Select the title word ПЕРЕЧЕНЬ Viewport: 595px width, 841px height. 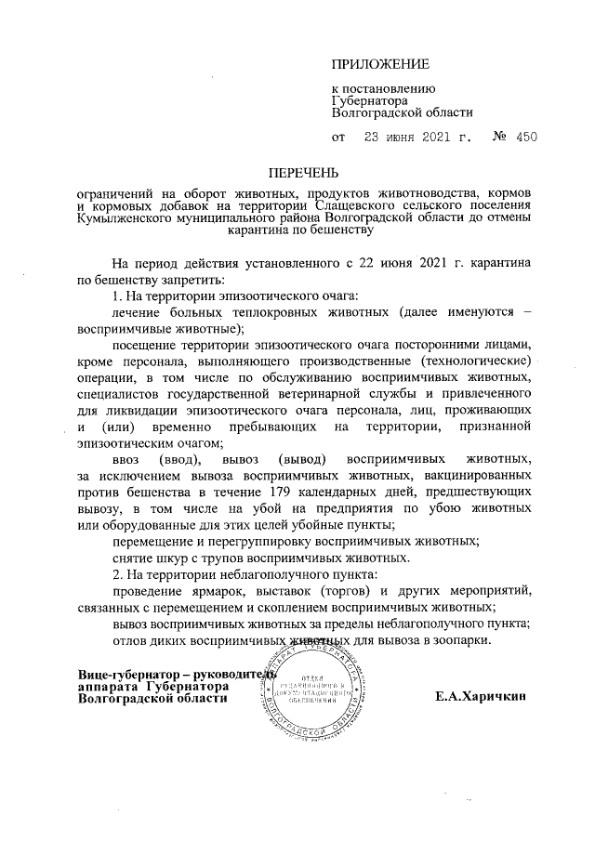pyautogui.click(x=305, y=174)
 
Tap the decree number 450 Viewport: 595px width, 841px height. pyautogui.click(x=526, y=138)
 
